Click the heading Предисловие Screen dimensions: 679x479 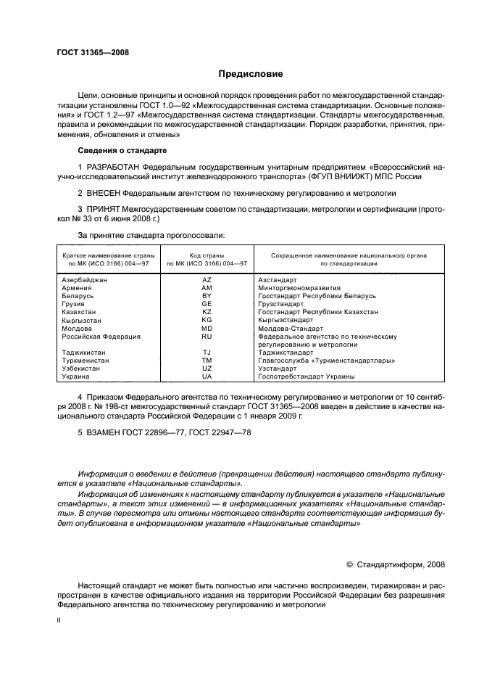click(x=251, y=74)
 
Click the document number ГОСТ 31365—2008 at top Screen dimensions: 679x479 click(x=88, y=52)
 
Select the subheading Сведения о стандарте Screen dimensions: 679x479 click(x=122, y=150)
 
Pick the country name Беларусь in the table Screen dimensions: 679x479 click(x=78, y=296)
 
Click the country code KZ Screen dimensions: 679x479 click(x=207, y=311)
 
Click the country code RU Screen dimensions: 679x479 click(x=207, y=337)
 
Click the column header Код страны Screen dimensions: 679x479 click(x=207, y=255)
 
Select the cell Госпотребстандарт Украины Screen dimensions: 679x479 click(x=306, y=377)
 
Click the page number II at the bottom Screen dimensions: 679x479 click(x=59, y=622)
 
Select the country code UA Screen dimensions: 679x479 click(x=207, y=377)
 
